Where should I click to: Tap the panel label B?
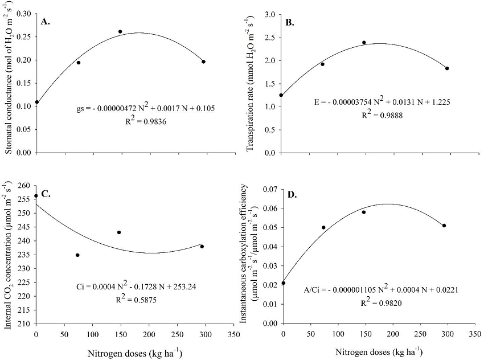tap(290, 23)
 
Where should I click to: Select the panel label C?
tap(45, 194)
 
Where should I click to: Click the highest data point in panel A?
tap(120, 31)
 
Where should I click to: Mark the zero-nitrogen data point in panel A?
tap(37, 102)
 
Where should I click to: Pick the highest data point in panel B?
tap(364, 42)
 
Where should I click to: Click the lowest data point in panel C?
tap(77, 255)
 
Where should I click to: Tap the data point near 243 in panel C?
tap(119, 232)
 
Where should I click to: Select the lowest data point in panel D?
tap(283, 283)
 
